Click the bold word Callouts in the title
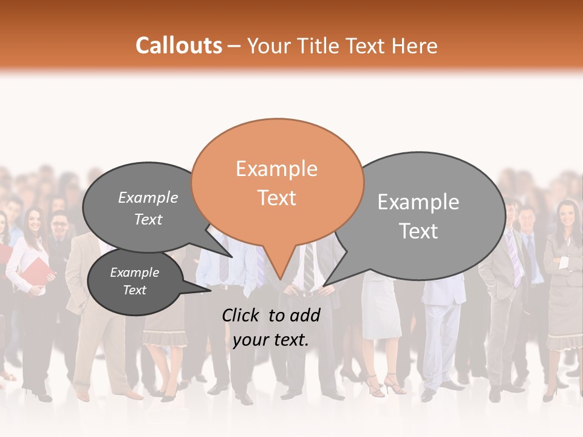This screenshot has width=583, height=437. click(x=179, y=46)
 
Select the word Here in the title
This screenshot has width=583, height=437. click(x=415, y=46)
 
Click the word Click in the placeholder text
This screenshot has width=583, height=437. click(x=242, y=315)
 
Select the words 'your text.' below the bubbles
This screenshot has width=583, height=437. click(x=271, y=340)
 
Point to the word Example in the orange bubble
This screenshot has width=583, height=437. click(x=277, y=169)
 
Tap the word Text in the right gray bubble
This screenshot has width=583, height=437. click(x=419, y=231)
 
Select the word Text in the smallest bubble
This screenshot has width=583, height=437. click(x=135, y=290)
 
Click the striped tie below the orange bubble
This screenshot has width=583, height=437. click(x=309, y=267)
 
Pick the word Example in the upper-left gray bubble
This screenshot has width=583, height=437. click(x=148, y=197)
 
